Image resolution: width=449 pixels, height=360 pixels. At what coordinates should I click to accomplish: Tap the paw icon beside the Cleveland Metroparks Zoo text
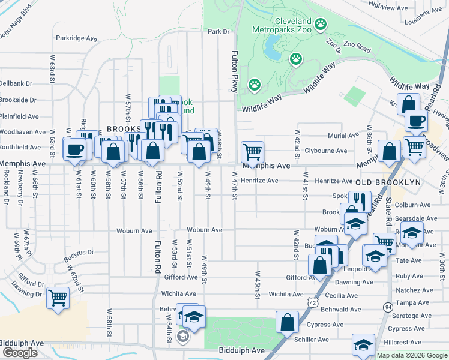point(321,25)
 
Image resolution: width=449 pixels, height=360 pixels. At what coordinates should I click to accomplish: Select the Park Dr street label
point(218,31)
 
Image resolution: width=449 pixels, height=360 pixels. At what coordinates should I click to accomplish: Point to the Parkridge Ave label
point(76,38)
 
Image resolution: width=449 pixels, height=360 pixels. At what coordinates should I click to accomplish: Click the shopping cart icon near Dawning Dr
point(58,296)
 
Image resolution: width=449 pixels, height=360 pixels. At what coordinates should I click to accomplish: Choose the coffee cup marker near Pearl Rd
point(415,121)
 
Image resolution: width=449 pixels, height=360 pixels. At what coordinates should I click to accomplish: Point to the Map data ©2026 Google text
point(412,355)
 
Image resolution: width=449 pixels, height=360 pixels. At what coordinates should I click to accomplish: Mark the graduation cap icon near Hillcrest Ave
point(363,344)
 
